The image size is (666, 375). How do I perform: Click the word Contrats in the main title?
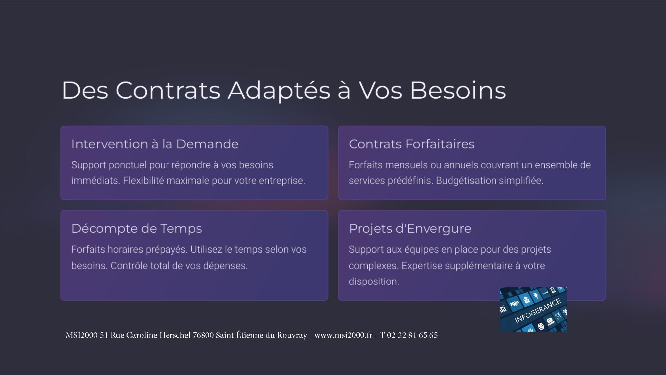click(x=168, y=90)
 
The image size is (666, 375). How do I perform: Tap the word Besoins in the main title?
click(x=458, y=90)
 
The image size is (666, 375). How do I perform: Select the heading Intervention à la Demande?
click(x=155, y=144)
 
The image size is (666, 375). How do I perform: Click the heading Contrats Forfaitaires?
click(x=412, y=144)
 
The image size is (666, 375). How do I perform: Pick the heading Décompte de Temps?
click(x=137, y=229)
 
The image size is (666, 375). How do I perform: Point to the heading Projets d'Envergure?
click(x=410, y=229)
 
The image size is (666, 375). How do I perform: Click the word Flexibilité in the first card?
click(x=143, y=181)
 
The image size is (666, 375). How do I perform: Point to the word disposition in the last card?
click(x=374, y=281)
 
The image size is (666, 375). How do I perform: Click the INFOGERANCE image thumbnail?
click(x=533, y=309)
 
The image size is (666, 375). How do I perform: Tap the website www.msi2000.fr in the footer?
click(x=343, y=335)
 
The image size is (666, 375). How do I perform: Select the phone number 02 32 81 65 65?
click(x=412, y=335)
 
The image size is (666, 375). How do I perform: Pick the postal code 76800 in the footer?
click(x=203, y=335)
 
